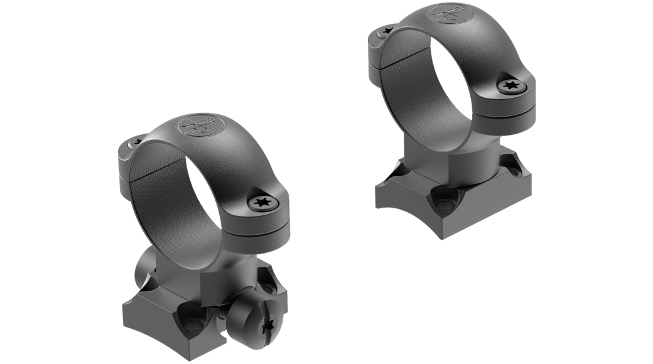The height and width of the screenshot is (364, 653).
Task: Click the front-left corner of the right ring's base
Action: point(377,188)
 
